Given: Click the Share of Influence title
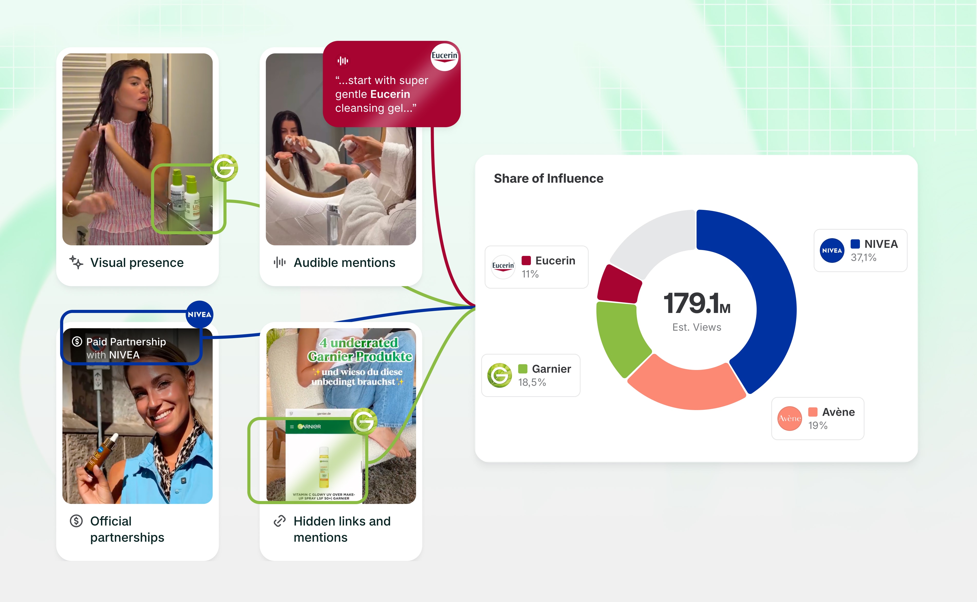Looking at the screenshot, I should (x=548, y=178).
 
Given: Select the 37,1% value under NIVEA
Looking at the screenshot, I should (x=863, y=258).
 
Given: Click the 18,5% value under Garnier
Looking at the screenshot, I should (x=532, y=382).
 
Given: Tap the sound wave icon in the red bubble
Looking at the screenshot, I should (x=343, y=61).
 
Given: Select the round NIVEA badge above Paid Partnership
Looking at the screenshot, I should (x=199, y=314).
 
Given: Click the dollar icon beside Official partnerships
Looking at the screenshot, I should (x=76, y=521).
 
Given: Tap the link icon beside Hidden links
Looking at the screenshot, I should (x=280, y=521).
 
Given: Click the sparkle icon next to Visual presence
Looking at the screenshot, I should (x=76, y=262).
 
